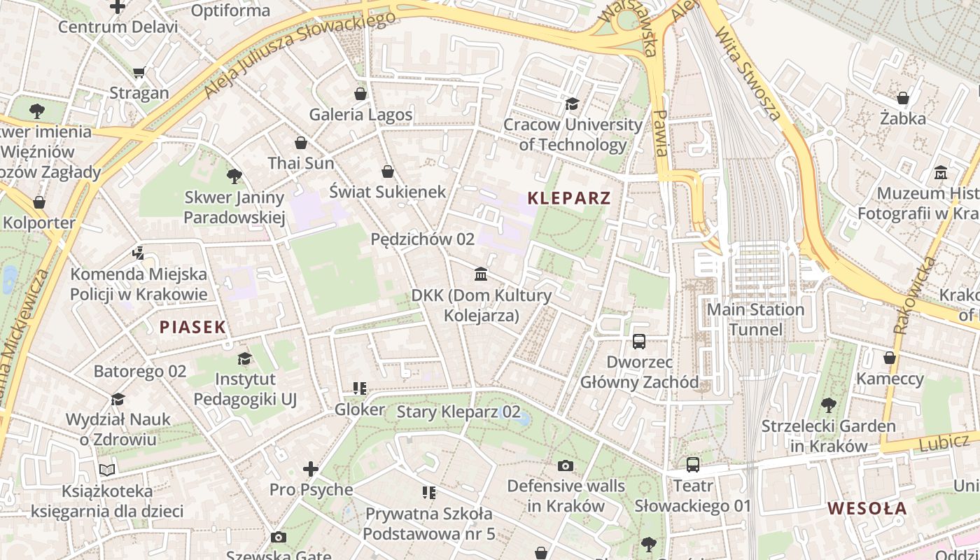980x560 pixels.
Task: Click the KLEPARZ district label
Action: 569,198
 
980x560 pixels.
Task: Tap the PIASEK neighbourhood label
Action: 192,327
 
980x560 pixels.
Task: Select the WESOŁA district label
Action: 867,509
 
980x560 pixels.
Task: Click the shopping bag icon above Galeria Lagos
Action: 360,93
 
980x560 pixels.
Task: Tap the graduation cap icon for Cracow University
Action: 572,104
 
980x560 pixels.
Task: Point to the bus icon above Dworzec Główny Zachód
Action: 639,342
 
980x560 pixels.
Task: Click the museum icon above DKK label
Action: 481,274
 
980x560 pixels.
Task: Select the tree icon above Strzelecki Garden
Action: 828,405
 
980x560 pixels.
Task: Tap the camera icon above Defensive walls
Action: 565,465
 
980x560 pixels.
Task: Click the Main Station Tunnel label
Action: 755,319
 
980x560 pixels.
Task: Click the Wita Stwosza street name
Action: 748,73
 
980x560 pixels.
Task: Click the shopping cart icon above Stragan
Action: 139,72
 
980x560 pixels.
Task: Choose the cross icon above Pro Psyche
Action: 311,468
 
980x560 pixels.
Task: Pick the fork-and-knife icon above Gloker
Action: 360,388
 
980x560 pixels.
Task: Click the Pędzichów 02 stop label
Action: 422,239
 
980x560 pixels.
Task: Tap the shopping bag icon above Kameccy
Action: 889,358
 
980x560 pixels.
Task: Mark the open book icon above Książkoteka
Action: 107,470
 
